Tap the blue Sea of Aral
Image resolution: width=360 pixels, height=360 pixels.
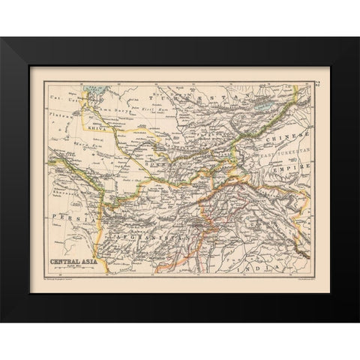point(97,97)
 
